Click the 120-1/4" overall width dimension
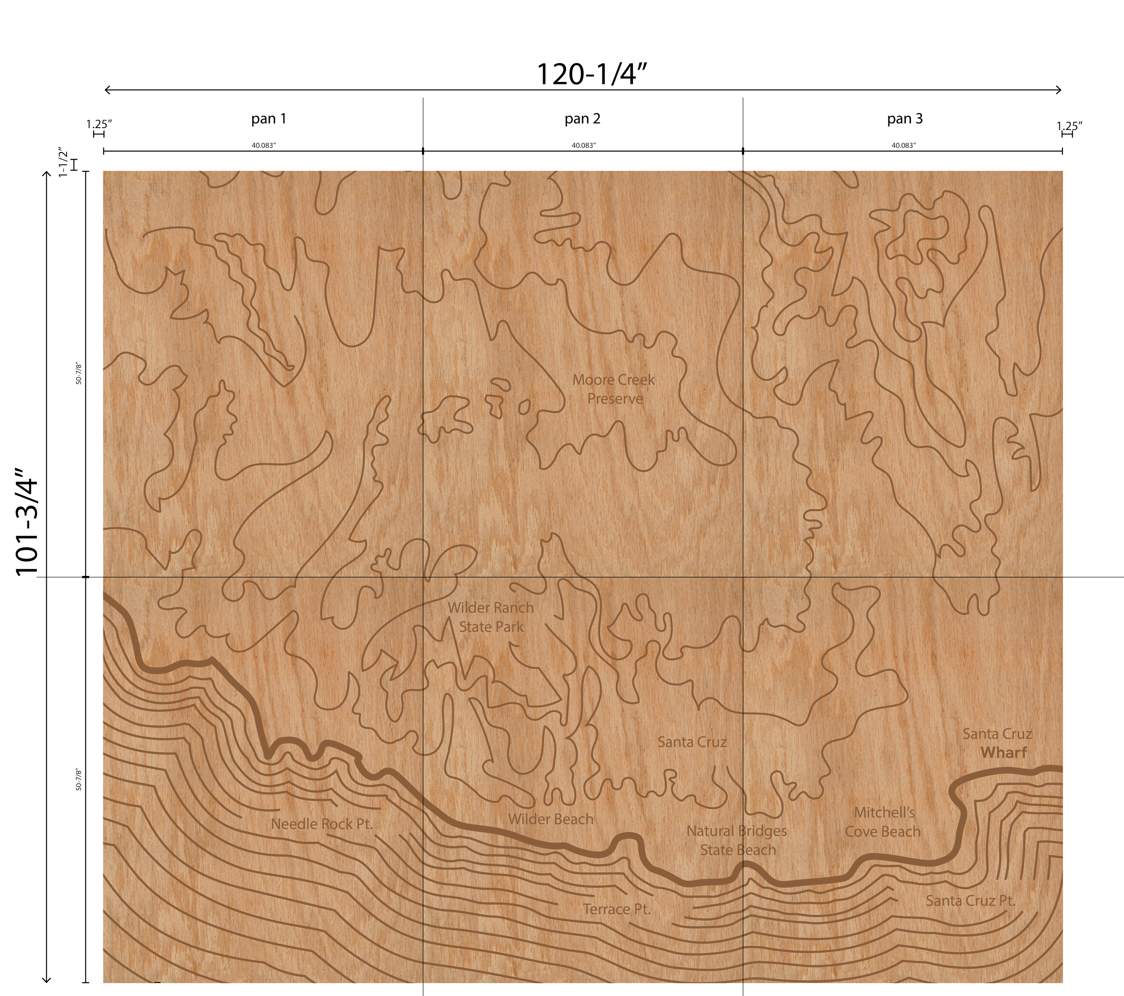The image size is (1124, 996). click(591, 75)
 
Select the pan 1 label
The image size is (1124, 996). click(268, 119)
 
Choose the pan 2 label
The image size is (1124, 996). click(582, 119)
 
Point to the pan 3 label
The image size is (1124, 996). click(905, 119)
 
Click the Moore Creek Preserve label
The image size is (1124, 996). click(614, 389)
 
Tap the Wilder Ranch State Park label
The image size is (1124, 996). click(491, 617)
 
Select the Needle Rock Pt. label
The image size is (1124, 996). click(322, 824)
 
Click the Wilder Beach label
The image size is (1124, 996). click(550, 819)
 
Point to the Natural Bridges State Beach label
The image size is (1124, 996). click(737, 840)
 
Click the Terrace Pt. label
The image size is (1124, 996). click(616, 909)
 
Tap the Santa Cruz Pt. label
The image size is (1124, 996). click(970, 901)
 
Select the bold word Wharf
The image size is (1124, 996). click(1004, 752)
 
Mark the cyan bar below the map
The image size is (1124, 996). click(190, 988)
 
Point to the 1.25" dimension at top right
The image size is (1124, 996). click(1070, 126)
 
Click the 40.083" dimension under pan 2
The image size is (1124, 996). click(584, 146)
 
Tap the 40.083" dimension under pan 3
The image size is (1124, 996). click(904, 146)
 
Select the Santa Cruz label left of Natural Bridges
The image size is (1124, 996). click(692, 742)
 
